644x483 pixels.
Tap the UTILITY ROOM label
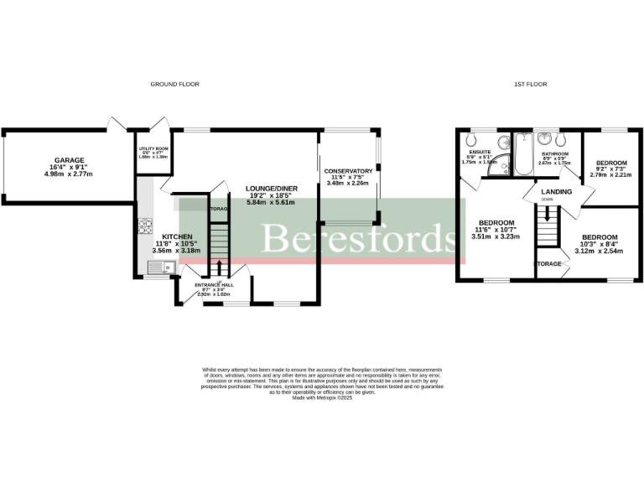(x=153, y=148)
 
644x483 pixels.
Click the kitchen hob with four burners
(x=144, y=226)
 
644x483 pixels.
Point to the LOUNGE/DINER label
(x=270, y=188)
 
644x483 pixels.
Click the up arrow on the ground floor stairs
(x=220, y=267)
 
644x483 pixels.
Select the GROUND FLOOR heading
(x=174, y=85)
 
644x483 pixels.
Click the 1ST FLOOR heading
(x=529, y=85)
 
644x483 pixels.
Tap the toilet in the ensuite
(x=472, y=139)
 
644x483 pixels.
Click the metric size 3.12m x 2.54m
(x=600, y=251)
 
